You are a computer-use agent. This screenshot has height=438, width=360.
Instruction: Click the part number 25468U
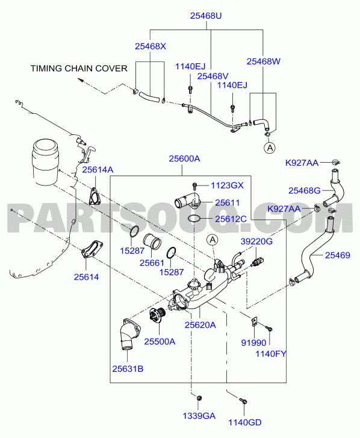pyautogui.click(x=206, y=16)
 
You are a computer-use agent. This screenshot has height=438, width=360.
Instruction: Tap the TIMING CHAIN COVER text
pyautogui.click(x=79, y=69)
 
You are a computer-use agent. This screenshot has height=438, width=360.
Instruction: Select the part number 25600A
pyautogui.click(x=184, y=158)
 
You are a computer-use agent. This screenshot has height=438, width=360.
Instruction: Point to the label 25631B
pyautogui.click(x=128, y=369)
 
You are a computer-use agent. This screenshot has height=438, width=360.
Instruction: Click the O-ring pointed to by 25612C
pyautogui.click(x=194, y=219)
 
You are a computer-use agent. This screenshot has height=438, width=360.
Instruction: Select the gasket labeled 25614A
pyautogui.click(x=94, y=196)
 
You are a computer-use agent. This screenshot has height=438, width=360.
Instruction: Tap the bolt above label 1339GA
pyautogui.click(x=199, y=398)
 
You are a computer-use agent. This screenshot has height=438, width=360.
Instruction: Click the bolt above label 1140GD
pyautogui.click(x=243, y=401)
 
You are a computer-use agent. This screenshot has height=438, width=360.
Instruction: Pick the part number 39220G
pyautogui.click(x=256, y=242)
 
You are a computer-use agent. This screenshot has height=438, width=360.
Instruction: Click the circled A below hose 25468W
pyautogui.click(x=270, y=148)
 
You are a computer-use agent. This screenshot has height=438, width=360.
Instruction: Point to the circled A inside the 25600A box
pyautogui.click(x=213, y=240)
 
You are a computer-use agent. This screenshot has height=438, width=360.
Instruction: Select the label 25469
pyautogui.click(x=337, y=255)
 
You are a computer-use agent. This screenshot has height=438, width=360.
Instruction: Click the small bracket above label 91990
pyautogui.click(x=254, y=321)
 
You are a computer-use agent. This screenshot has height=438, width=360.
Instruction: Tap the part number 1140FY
pyautogui.click(x=271, y=354)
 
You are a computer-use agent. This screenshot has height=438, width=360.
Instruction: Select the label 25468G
pyautogui.click(x=305, y=191)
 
